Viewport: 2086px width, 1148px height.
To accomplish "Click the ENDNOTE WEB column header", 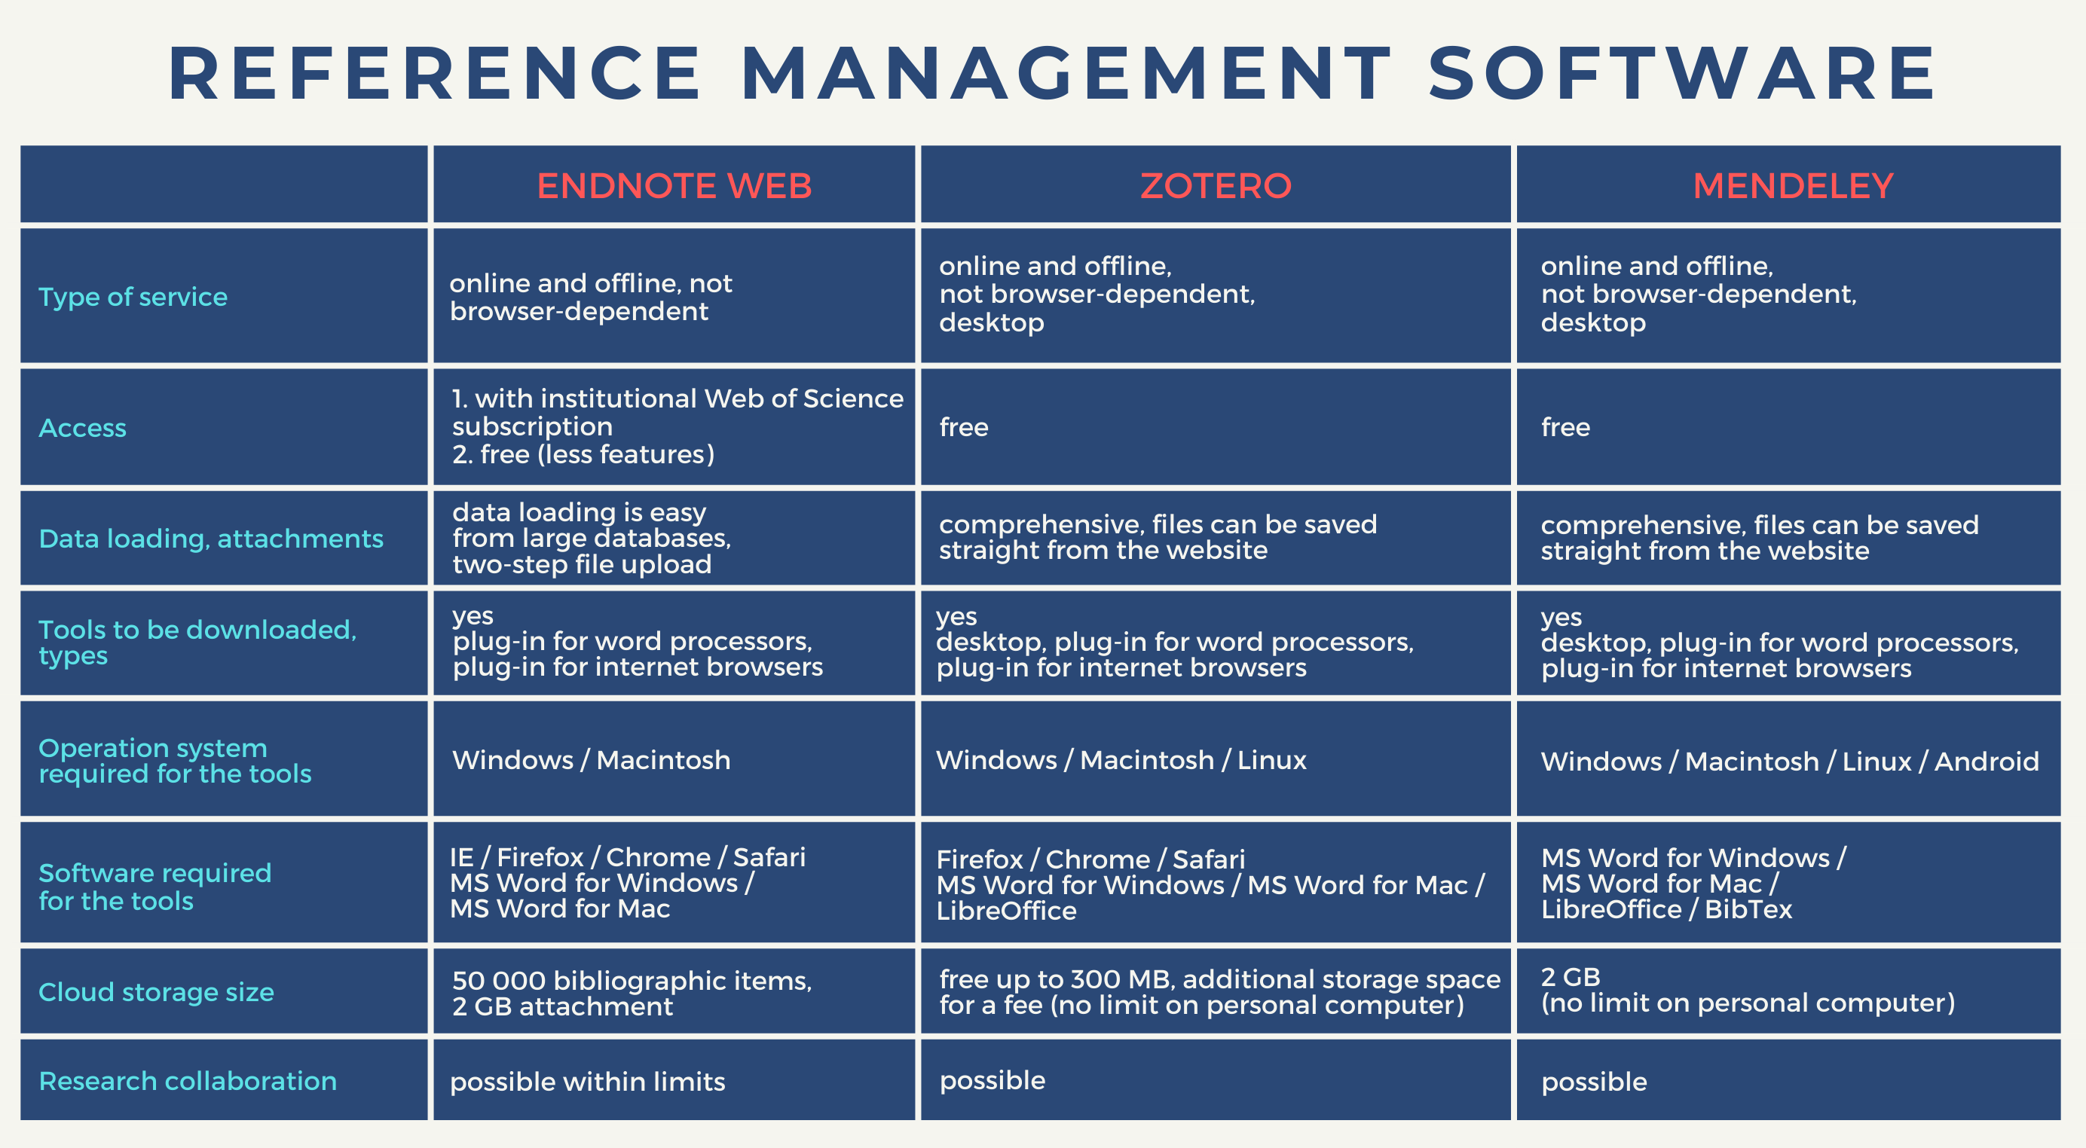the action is point(674,185).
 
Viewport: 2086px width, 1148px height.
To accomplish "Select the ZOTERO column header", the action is point(1216,185).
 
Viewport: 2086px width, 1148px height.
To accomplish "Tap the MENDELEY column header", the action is point(1793,185).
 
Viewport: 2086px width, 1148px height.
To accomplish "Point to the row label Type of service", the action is point(133,297).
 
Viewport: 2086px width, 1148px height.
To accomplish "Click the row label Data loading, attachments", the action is point(210,539).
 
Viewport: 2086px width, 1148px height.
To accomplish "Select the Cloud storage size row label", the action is point(156,992).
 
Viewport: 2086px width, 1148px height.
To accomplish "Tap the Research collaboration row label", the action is point(188,1081).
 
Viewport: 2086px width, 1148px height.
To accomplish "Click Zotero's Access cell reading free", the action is point(964,426).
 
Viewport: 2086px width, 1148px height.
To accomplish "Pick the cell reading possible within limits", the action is point(587,1082).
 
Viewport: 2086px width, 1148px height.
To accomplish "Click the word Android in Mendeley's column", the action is point(1987,761).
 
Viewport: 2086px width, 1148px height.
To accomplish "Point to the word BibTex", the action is point(1748,909).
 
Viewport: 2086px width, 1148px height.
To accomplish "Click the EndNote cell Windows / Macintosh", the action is point(591,760).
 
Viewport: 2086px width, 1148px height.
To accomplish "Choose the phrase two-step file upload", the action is point(582,564).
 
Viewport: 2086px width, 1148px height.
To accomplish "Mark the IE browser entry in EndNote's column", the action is point(461,857).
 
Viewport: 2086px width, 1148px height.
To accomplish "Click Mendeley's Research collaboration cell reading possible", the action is point(1594,1082).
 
